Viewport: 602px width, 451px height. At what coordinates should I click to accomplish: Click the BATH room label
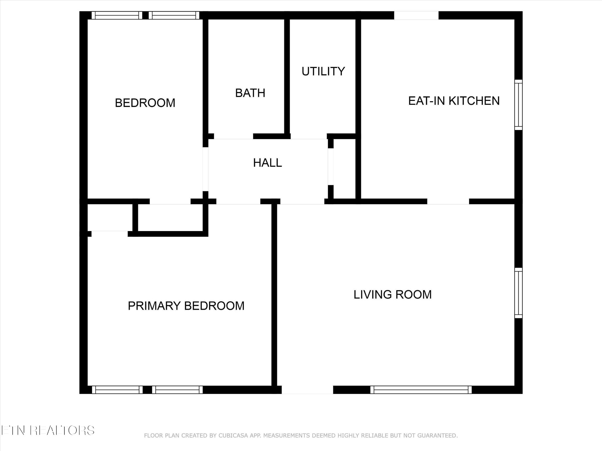tap(250, 93)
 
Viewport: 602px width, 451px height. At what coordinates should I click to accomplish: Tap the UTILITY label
tap(323, 71)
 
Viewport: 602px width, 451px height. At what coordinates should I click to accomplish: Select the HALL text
tap(267, 163)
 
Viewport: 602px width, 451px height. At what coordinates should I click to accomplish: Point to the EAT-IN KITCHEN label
tap(454, 101)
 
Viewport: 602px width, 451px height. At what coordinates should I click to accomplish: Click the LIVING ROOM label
tap(392, 295)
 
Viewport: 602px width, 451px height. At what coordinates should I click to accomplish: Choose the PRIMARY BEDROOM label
tap(186, 306)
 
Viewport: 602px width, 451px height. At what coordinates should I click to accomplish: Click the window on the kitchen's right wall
tap(519, 105)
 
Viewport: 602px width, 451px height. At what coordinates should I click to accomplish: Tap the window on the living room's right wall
tap(519, 293)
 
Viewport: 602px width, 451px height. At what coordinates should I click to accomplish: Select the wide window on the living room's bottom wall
tap(421, 390)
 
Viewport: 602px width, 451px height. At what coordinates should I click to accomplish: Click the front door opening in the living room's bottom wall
tap(307, 390)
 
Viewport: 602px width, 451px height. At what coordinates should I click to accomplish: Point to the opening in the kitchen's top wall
tap(416, 15)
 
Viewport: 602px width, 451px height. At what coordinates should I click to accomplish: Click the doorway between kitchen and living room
tap(448, 201)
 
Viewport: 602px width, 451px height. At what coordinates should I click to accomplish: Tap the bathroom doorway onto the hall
tap(233, 136)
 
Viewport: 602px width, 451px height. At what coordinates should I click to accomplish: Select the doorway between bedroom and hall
tap(205, 169)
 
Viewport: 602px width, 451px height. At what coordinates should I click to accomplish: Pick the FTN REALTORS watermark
tap(48, 430)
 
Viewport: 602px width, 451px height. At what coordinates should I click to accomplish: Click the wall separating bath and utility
tap(287, 76)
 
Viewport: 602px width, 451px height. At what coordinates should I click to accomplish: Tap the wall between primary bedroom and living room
tap(274, 295)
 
